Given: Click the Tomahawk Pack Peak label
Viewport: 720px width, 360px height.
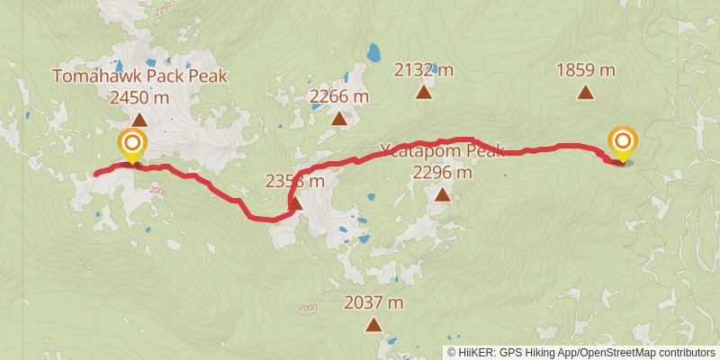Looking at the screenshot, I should (x=139, y=76).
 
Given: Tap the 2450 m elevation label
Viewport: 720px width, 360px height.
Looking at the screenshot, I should (x=139, y=97).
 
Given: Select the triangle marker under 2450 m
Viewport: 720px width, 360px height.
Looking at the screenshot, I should (x=139, y=120).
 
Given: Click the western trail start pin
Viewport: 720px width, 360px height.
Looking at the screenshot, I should (x=132, y=145).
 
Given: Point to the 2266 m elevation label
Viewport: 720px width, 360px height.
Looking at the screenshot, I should (x=338, y=96).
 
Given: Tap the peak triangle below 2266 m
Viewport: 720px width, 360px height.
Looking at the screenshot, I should (x=338, y=119).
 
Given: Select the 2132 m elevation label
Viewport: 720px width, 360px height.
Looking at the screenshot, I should (x=424, y=69).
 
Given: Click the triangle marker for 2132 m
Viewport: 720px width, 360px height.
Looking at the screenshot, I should (x=424, y=91).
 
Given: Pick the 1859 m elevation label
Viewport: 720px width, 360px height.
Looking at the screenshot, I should (x=585, y=69).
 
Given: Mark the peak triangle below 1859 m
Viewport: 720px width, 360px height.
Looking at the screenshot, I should (x=585, y=91).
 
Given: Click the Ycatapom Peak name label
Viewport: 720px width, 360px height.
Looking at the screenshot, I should (x=441, y=149).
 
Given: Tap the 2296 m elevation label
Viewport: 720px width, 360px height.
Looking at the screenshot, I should (x=441, y=171).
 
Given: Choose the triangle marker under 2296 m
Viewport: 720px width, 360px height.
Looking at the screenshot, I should (x=441, y=193).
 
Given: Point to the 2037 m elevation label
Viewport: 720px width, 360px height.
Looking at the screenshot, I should (x=373, y=303).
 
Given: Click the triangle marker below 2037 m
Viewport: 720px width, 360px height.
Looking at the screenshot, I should (x=373, y=325).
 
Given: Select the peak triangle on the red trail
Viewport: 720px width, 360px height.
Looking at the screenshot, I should (x=295, y=204).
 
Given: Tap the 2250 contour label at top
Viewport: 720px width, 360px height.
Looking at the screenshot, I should (x=163, y=8).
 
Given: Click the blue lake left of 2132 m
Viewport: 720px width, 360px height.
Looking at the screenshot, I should (x=372, y=52).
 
